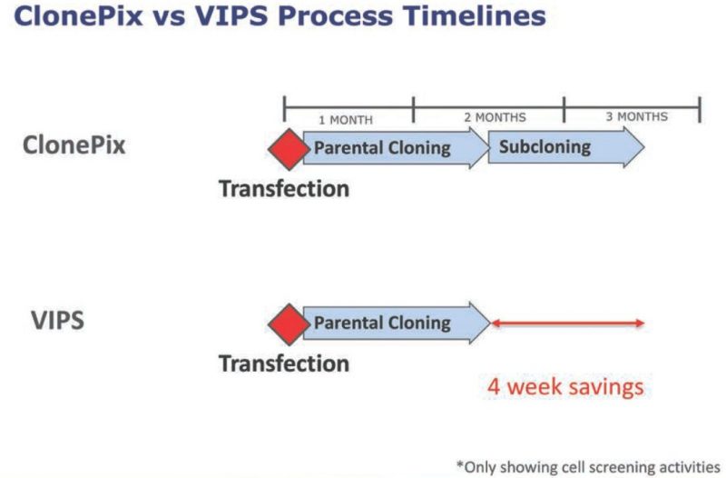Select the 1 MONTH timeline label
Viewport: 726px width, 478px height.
click(346, 120)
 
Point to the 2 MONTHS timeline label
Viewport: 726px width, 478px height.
click(495, 117)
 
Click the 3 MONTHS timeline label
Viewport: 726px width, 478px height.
click(637, 116)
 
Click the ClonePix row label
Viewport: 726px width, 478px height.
click(74, 145)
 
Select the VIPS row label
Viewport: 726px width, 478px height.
click(58, 321)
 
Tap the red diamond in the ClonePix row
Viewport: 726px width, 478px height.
click(289, 149)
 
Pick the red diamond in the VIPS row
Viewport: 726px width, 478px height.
click(289, 324)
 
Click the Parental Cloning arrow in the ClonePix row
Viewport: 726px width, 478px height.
click(397, 148)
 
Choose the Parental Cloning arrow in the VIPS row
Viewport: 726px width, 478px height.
click(397, 324)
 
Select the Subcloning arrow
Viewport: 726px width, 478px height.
click(566, 147)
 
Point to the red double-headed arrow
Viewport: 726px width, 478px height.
click(568, 324)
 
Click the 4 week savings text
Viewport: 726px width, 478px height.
click(565, 386)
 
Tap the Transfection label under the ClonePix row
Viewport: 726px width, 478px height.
click(284, 189)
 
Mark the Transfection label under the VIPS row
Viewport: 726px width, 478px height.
click(284, 363)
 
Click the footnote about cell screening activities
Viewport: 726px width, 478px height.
click(588, 466)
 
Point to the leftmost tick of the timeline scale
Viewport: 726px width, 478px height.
click(285, 109)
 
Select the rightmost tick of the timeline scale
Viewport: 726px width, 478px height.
click(700, 109)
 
